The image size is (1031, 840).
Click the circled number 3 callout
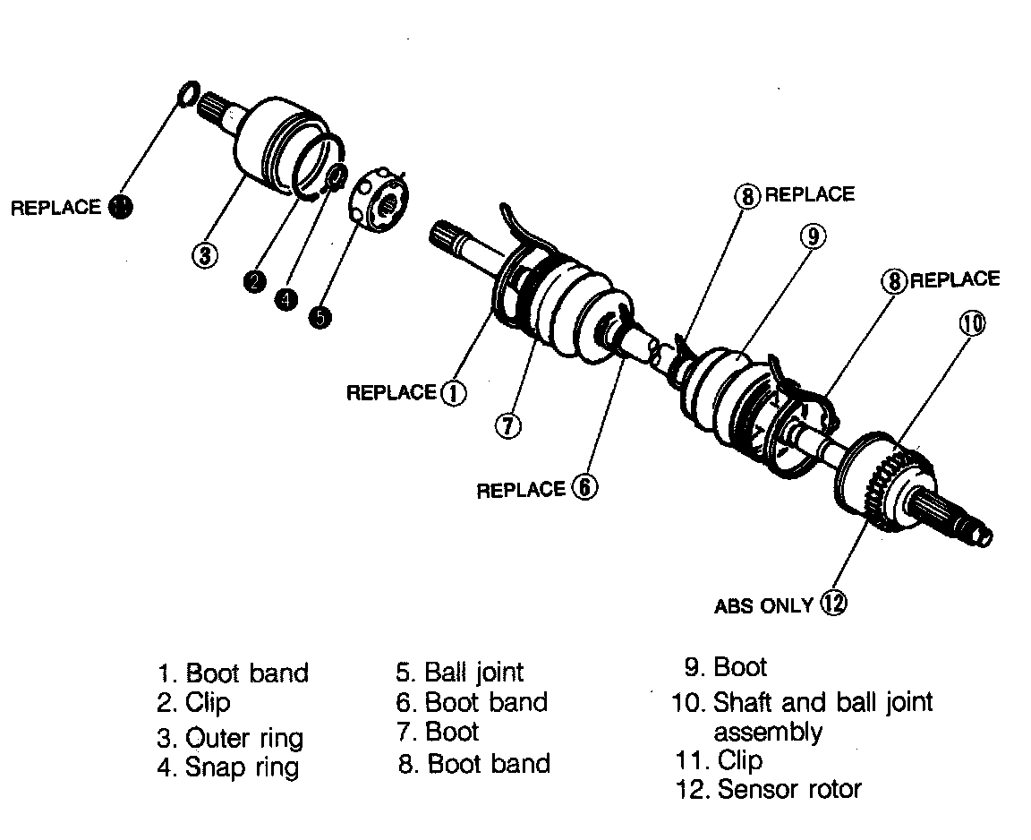[205, 255]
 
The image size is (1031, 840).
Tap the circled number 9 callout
[813, 236]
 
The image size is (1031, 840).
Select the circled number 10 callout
[973, 322]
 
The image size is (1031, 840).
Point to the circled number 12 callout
[833, 604]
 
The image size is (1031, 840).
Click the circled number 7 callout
[507, 425]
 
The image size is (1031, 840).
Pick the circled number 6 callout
[584, 488]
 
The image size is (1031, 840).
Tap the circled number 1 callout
[454, 392]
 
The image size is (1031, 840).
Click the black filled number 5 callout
[320, 317]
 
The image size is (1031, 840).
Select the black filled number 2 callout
[255, 281]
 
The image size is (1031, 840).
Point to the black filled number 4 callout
[285, 299]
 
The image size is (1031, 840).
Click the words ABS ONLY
[763, 606]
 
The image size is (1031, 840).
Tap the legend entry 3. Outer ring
[230, 738]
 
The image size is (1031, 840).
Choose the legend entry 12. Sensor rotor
[767, 789]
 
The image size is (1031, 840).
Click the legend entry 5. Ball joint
[460, 672]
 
